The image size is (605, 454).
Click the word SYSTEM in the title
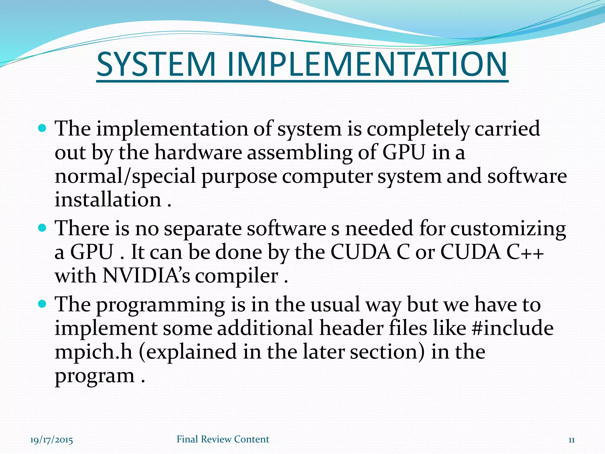tap(155, 64)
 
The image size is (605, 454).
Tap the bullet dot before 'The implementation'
tap(43, 128)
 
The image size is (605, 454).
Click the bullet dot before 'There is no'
tap(43, 228)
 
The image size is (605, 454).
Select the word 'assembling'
tap(300, 153)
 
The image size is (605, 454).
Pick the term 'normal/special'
tap(125, 177)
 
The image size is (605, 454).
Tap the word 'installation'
tap(108, 200)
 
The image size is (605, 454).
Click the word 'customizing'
tap(508, 229)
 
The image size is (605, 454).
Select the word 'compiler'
tap(236, 276)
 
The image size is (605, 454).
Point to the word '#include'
tap(513, 328)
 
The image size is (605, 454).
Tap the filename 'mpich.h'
tap(94, 352)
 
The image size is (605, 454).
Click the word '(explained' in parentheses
tap(188, 352)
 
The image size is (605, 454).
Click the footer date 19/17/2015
tap(51, 440)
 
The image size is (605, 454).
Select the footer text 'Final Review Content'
tap(223, 439)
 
